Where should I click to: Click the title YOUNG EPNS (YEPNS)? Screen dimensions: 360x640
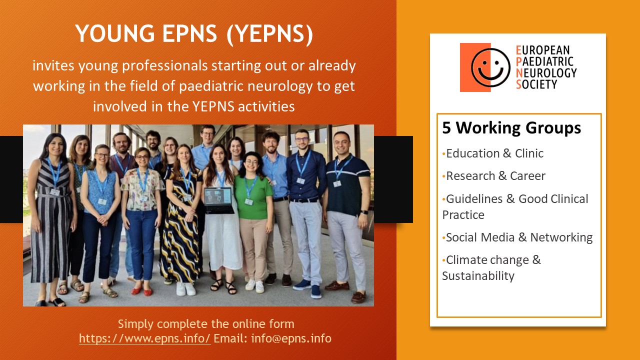194,34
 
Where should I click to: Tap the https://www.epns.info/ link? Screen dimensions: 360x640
144,338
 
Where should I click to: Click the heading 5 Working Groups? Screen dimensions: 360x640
511,128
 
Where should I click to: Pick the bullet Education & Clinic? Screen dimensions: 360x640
494,153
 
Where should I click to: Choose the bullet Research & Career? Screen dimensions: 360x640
495,176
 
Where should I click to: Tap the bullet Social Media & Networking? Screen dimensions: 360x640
519,237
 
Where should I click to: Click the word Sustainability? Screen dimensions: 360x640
478,276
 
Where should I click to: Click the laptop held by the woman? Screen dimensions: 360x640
219,199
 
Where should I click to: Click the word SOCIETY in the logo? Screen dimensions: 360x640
536,84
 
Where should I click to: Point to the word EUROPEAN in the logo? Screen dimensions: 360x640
542,50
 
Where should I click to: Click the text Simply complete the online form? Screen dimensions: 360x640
205,323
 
